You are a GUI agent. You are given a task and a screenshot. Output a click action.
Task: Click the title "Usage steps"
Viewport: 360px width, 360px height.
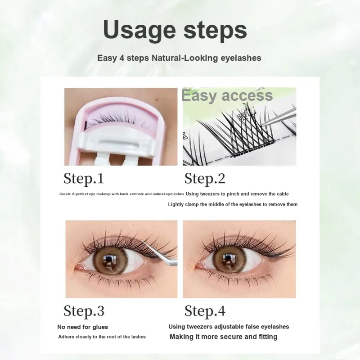(x=175, y=30)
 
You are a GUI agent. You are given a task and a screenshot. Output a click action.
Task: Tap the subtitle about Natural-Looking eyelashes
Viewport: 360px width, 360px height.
(x=179, y=58)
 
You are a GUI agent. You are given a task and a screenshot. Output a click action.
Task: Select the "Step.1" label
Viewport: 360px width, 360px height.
(x=84, y=179)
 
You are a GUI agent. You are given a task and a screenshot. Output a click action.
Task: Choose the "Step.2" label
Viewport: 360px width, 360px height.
(x=205, y=179)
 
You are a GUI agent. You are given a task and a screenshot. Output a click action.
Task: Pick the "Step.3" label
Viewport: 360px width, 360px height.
(x=84, y=311)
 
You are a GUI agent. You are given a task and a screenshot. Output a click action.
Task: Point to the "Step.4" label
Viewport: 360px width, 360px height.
(x=205, y=311)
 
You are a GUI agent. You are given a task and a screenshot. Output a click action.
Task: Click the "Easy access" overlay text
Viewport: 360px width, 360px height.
(x=227, y=95)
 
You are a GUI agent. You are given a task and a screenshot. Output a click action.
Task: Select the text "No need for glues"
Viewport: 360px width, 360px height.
(x=83, y=327)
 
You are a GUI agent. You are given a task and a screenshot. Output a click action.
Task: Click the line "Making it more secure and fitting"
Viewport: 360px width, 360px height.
(x=223, y=337)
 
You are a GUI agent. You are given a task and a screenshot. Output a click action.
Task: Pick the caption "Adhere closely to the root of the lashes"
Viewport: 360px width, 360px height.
(x=102, y=337)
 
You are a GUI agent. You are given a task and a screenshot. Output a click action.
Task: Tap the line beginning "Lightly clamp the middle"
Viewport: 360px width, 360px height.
(x=233, y=204)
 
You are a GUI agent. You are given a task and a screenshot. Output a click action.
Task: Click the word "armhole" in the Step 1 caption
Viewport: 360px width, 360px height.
(x=137, y=194)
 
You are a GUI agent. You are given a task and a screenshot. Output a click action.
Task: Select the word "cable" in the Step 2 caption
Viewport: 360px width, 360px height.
(x=283, y=194)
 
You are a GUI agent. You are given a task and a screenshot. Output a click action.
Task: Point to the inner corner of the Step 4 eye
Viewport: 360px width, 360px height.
(x=196, y=266)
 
